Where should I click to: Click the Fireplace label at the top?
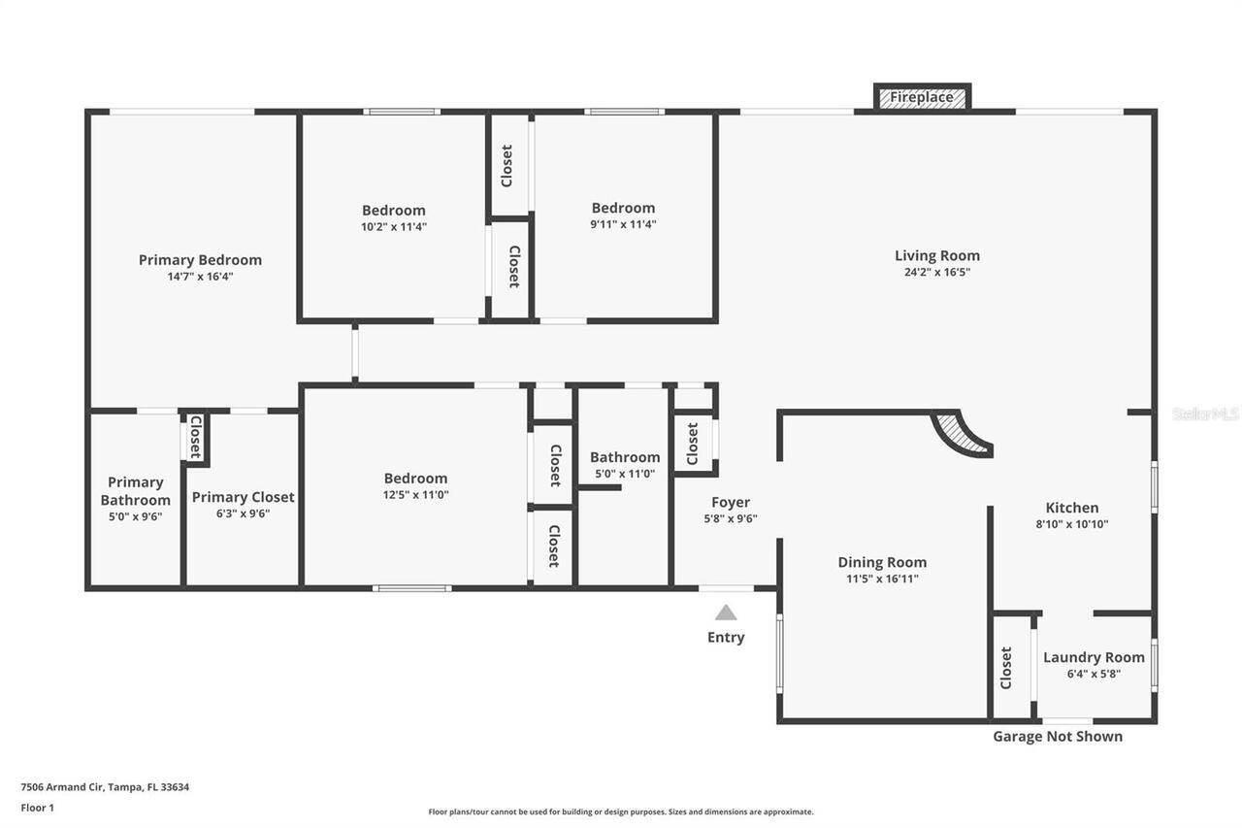[x=922, y=98]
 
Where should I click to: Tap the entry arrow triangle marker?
[x=726, y=613]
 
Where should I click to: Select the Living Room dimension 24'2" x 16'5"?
[x=936, y=273]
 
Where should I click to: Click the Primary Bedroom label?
[x=200, y=259]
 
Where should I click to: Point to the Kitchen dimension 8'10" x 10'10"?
[x=1071, y=524]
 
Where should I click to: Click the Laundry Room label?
[x=1094, y=657]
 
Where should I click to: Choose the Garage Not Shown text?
[x=1057, y=736]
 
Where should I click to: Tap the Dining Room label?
[x=882, y=562]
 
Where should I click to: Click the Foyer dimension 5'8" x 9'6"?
[x=730, y=518]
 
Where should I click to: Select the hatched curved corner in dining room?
[x=964, y=434]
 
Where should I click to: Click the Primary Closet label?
[x=243, y=497]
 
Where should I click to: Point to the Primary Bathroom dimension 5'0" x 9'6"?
[x=135, y=516]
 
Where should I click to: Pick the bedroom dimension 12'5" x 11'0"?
[x=415, y=494]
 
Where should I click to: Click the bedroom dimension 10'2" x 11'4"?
[x=393, y=226]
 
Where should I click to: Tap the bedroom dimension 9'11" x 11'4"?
[x=623, y=224]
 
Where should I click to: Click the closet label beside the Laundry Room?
[x=1006, y=668]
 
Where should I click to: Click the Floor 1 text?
[x=38, y=807]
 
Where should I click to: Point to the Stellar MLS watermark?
[x=1206, y=414]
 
